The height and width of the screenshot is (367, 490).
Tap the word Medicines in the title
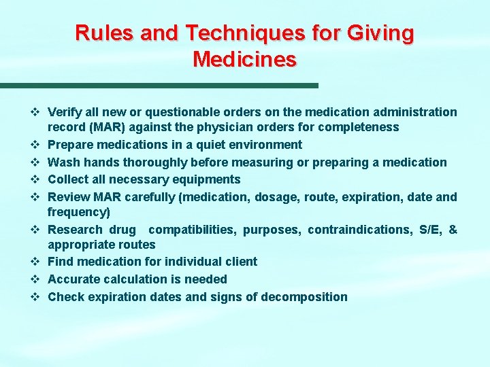point(245,60)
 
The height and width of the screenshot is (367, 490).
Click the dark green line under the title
point(159,86)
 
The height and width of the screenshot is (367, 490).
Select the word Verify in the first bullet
point(65,112)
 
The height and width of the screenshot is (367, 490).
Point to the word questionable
point(173,112)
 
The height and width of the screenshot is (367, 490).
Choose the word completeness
point(359,127)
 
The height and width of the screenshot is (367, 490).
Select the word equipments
point(207,179)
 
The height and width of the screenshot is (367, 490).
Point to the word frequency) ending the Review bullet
point(76,212)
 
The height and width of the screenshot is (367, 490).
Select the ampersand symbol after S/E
point(453,230)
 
